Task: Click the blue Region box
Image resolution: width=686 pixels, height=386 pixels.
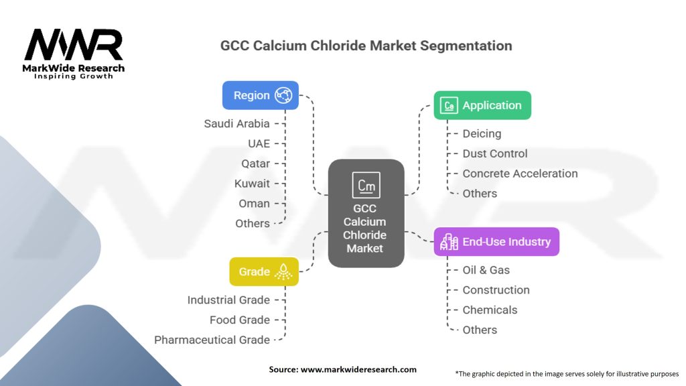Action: pyautogui.click(x=260, y=96)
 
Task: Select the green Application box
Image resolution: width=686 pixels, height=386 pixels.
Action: pyautogui.click(x=482, y=105)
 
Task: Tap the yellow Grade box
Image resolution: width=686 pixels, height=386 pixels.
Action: pyautogui.click(x=263, y=271)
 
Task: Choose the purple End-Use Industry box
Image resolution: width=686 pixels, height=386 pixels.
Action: pyautogui.click(x=496, y=242)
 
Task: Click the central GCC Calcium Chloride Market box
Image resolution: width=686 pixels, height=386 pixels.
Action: pyautogui.click(x=365, y=213)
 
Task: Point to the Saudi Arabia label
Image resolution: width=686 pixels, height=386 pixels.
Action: pyautogui.click(x=237, y=123)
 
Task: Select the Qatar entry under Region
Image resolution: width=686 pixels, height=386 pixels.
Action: pyautogui.click(x=256, y=164)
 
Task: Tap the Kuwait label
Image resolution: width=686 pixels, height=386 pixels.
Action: pyautogui.click(x=252, y=184)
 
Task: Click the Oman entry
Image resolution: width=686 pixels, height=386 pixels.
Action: pyautogui.click(x=255, y=204)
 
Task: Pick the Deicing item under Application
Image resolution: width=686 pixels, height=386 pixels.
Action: pyautogui.click(x=482, y=133)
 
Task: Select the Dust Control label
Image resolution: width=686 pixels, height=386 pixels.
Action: pyautogui.click(x=495, y=153)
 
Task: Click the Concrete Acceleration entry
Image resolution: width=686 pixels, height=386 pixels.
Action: pyautogui.click(x=520, y=174)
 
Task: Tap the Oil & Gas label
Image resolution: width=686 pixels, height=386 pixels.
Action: pyautogui.click(x=486, y=270)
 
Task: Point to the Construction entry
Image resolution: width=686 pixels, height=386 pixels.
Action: pyautogui.click(x=496, y=290)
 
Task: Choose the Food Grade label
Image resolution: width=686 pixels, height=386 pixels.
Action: pyautogui.click(x=240, y=320)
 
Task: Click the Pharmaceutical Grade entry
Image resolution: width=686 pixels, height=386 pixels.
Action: pyautogui.click(x=212, y=340)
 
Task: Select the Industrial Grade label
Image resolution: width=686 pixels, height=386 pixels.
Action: pyautogui.click(x=228, y=300)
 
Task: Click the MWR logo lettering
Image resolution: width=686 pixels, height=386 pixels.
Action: pyautogui.click(x=74, y=45)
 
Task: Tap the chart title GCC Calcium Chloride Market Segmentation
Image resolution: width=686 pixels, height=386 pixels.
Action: pyautogui.click(x=366, y=46)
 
